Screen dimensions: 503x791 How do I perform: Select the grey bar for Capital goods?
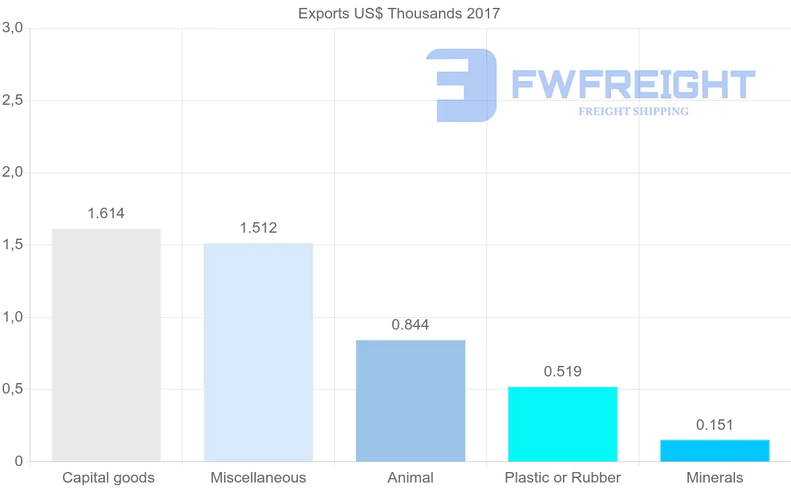106,345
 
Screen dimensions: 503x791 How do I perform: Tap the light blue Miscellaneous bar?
258,353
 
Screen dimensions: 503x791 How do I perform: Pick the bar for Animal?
410,401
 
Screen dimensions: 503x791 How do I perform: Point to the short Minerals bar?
715,451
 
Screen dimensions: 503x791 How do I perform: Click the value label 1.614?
106,214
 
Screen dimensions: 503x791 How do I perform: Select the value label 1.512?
258,228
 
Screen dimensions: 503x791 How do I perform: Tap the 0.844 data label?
410,325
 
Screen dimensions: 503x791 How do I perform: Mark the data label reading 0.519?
562,372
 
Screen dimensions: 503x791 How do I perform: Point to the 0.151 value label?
715,425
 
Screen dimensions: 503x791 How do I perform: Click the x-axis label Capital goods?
108,478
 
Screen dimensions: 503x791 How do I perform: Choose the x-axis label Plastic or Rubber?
562,478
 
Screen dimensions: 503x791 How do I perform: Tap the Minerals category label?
715,478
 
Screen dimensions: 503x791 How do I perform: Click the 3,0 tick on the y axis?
13,28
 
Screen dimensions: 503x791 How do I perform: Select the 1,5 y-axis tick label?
13,245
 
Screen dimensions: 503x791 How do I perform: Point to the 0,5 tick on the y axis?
13,390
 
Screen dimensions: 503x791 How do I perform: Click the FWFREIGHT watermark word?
633,85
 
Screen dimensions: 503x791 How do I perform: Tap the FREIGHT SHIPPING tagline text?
633,111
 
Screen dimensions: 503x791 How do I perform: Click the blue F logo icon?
461,85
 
